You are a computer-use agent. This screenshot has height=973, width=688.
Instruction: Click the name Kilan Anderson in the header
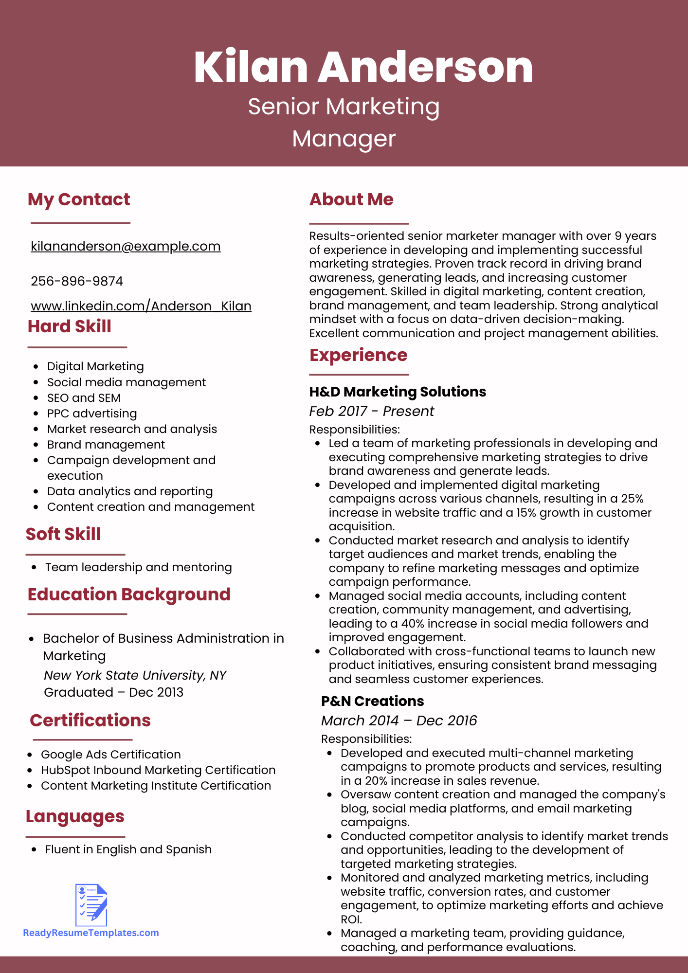point(363,67)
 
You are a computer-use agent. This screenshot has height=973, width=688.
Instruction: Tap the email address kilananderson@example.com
point(126,246)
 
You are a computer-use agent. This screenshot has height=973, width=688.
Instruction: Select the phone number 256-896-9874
point(77,281)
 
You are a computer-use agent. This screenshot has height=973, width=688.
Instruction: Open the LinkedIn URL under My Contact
point(141,306)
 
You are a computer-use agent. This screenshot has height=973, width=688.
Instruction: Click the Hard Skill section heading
point(70,326)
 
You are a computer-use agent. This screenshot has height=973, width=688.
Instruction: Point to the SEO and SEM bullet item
point(84,398)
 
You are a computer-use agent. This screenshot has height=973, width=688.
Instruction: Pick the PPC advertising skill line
point(92,414)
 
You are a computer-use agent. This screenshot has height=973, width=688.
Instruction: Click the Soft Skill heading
point(63,534)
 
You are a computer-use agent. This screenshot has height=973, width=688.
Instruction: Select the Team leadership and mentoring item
point(139,567)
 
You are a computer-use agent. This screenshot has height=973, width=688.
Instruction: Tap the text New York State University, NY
point(135,675)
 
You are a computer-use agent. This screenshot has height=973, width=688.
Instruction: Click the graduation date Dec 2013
point(156,692)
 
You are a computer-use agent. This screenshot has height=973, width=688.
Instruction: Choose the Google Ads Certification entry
point(111,755)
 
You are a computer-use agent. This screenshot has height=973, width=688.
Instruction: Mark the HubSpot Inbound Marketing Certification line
point(158,770)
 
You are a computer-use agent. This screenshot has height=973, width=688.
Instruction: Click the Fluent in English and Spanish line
point(128,849)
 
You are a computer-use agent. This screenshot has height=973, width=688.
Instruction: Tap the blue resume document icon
point(91,905)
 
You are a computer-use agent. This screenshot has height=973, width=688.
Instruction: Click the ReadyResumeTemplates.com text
point(91,933)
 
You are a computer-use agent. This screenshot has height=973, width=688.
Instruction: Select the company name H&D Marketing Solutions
point(398,392)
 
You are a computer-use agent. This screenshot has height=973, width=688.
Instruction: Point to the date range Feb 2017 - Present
point(372,411)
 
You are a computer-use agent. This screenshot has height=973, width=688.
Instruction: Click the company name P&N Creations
point(373,701)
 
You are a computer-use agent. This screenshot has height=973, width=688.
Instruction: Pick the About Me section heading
point(351,199)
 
